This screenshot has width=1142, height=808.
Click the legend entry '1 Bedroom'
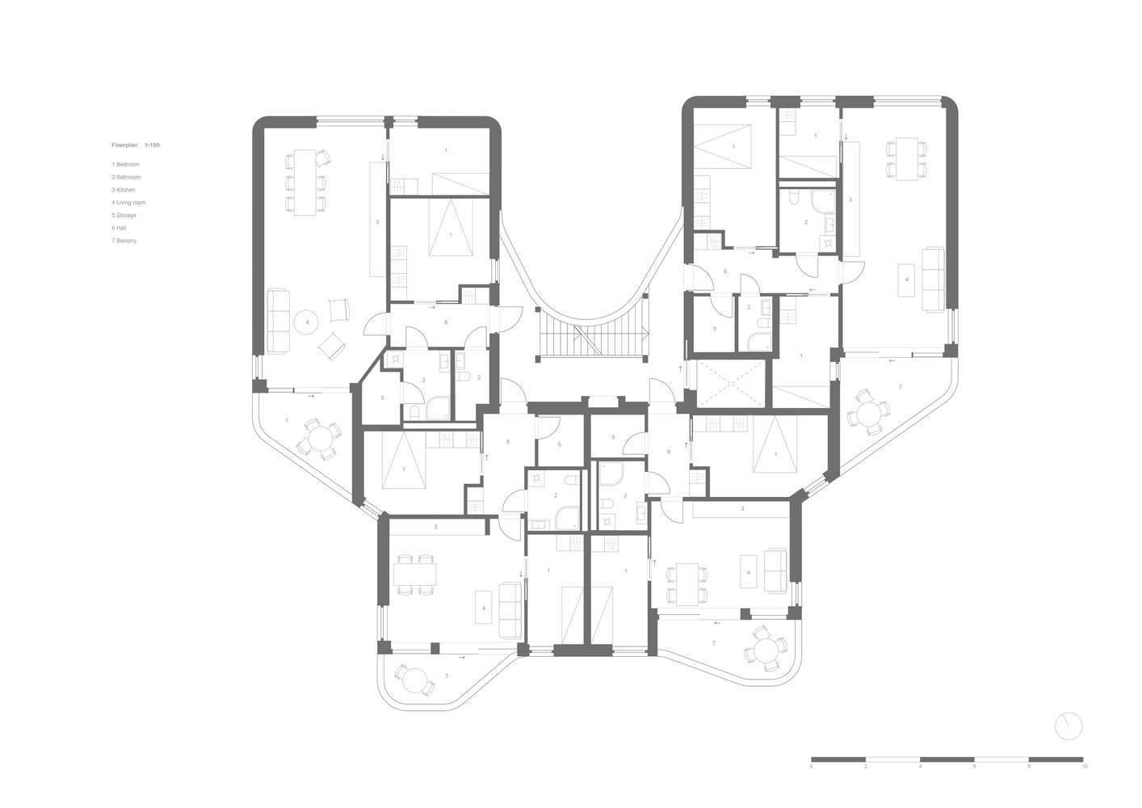point(125,164)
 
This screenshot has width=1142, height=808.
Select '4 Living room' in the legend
point(128,203)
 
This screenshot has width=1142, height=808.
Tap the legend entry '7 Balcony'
point(124,241)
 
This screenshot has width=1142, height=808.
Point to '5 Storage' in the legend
point(124,215)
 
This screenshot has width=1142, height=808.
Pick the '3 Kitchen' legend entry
point(124,190)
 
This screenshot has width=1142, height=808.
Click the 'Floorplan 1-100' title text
point(136,145)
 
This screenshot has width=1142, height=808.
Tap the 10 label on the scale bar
point(1085,781)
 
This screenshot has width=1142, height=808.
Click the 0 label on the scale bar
point(811,781)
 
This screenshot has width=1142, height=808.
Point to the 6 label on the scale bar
point(974,781)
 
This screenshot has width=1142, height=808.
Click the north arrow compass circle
point(1069,726)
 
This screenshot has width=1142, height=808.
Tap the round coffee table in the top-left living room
point(306,322)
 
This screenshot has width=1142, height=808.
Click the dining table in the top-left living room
point(304,183)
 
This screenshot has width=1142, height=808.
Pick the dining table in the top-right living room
point(907,158)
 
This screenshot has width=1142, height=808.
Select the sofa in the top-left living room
point(279,321)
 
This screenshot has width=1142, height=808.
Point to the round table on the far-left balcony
point(321,439)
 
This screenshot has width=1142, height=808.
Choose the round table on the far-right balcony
point(868,413)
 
